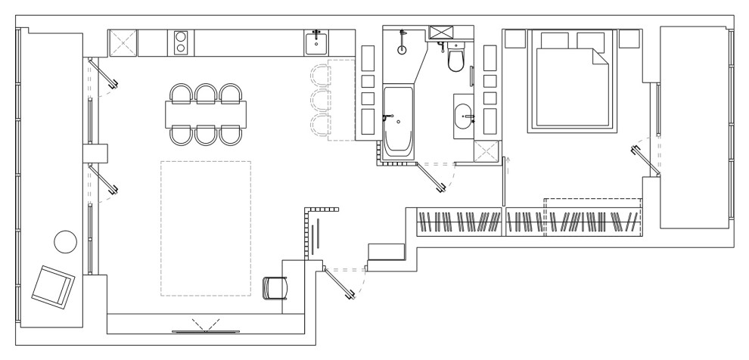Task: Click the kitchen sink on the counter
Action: click(316, 42)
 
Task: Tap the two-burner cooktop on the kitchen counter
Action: click(181, 42)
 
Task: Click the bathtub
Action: click(398, 121)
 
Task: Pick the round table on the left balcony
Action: click(66, 242)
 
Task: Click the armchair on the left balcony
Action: click(53, 286)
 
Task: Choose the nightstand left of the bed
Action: click(516, 39)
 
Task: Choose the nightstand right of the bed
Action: click(630, 39)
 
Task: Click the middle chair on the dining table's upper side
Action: click(207, 93)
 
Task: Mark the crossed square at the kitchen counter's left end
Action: click(123, 42)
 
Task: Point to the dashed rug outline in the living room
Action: click(205, 228)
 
